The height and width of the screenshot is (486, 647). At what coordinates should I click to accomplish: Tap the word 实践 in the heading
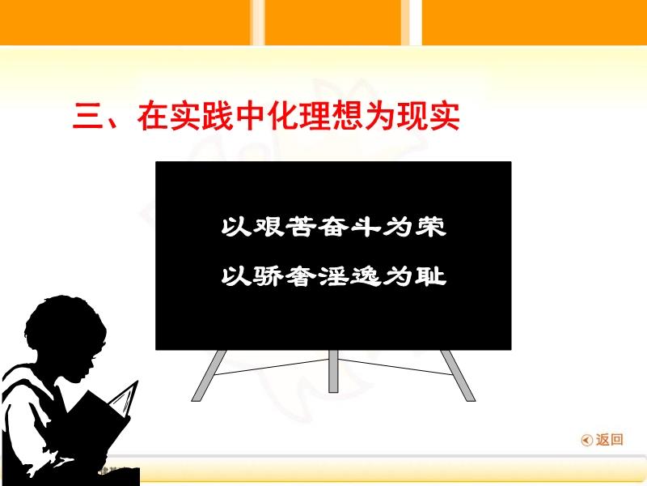click(201, 118)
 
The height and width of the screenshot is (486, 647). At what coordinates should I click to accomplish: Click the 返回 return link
click(610, 440)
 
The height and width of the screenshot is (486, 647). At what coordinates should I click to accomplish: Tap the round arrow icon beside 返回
click(586, 441)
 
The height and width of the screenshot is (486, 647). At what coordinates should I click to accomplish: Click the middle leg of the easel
click(332, 374)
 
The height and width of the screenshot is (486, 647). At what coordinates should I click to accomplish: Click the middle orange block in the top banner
click(343, 22)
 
